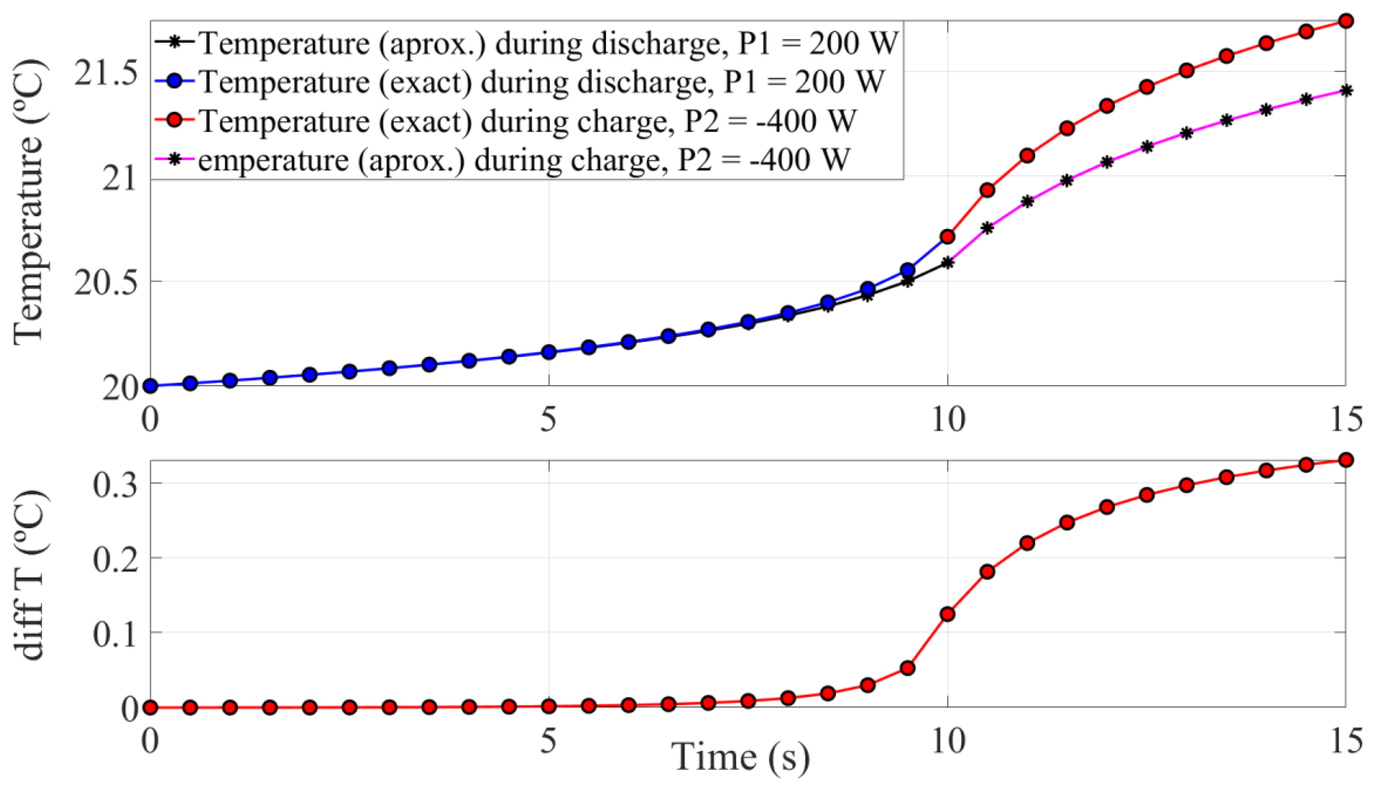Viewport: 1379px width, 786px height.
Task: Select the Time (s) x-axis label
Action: point(741,756)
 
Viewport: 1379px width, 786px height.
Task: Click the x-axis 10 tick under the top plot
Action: point(947,420)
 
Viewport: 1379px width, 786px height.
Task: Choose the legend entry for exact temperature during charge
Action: point(527,121)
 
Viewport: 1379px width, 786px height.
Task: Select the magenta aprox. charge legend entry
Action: point(524,160)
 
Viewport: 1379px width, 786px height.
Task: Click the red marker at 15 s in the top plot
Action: point(1346,21)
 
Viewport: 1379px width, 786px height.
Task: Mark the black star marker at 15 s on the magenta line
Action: point(1346,91)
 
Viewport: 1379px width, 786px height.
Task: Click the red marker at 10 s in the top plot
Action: point(947,236)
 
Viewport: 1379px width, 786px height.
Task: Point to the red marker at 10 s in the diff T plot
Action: point(947,614)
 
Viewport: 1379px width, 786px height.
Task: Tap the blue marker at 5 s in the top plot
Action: point(548,353)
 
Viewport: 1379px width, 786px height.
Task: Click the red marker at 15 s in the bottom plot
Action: point(1346,460)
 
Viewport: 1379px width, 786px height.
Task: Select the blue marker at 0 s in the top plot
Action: point(151,386)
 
